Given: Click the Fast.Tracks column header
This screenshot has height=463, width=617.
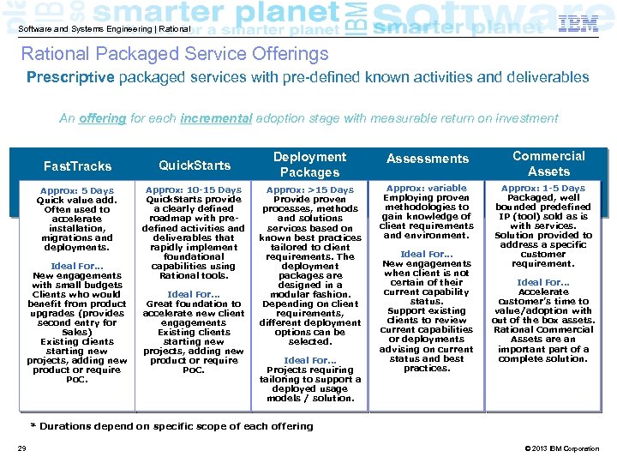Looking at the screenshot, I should (77, 166).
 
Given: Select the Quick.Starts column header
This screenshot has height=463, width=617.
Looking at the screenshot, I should (195, 165).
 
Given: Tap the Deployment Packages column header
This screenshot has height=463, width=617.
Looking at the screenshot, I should (309, 165).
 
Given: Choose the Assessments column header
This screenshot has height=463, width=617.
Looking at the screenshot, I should (428, 159).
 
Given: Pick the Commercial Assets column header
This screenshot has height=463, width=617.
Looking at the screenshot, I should (548, 164).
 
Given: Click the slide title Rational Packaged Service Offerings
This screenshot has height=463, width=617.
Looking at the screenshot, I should (175, 54).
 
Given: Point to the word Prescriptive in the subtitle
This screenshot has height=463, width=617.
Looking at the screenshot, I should (69, 77).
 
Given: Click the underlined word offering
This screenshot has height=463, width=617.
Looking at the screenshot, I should (102, 118).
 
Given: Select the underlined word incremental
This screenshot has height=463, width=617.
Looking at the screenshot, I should (216, 118).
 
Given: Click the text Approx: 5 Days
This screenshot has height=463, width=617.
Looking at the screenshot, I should (77, 190).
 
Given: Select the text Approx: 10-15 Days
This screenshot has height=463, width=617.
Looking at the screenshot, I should (194, 190).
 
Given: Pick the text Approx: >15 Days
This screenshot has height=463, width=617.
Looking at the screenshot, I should (309, 190).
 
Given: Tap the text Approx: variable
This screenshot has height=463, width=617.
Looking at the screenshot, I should (427, 188).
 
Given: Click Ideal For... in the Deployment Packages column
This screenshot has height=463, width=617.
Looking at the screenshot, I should (309, 360).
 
